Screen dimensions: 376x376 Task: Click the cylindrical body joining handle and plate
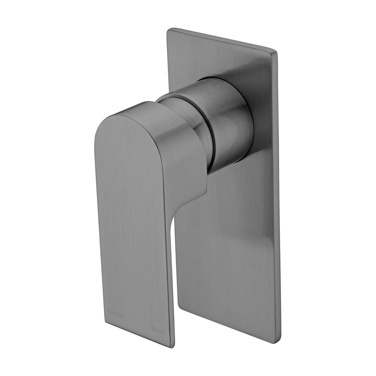click(228, 121)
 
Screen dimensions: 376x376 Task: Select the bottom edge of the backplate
click(228, 323)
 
